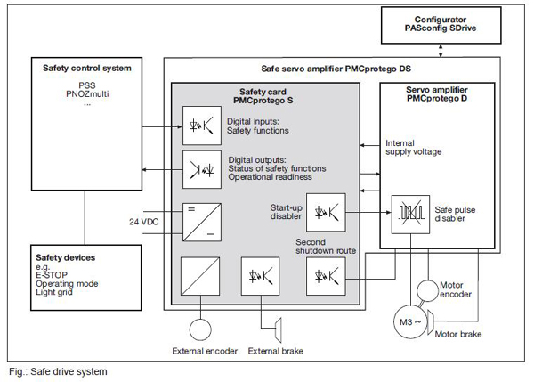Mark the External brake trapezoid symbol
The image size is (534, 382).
point(279,329)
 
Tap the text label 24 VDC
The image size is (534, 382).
point(143,222)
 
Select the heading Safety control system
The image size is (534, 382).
point(87,69)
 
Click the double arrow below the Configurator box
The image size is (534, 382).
point(441,51)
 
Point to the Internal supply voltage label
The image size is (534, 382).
point(414,148)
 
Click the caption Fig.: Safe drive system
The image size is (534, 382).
point(58,371)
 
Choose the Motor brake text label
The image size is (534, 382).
point(458,334)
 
